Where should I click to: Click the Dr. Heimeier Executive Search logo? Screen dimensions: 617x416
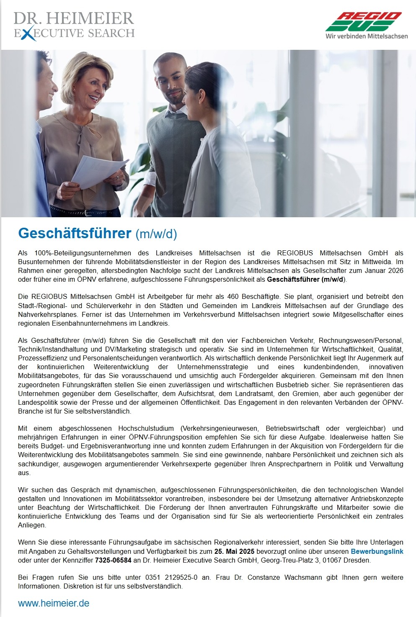(x=74, y=26)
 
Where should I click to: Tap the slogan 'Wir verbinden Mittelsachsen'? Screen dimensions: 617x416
(x=367, y=36)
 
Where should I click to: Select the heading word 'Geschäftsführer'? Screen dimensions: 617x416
(x=75, y=233)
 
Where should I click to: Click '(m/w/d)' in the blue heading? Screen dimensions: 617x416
(x=156, y=234)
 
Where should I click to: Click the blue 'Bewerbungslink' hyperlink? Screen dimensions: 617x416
(x=377, y=551)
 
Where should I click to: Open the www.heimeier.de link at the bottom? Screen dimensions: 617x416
(x=54, y=603)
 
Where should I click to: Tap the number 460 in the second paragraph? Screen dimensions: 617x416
(x=233, y=296)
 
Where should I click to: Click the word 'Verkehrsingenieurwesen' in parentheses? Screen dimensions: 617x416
(x=219, y=428)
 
